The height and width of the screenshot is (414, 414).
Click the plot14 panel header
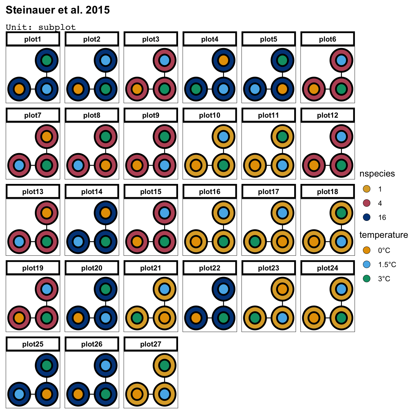click(x=92, y=192)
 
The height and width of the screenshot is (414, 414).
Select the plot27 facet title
click(x=151, y=344)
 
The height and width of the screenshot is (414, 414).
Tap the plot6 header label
click(x=327, y=39)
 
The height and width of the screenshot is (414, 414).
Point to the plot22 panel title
click(x=210, y=268)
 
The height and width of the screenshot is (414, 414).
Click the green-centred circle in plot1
click(x=47, y=60)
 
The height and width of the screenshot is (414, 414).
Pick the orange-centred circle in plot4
click(x=224, y=60)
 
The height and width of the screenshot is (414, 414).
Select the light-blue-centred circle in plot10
click(x=224, y=136)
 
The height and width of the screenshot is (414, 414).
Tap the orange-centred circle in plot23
click(x=282, y=289)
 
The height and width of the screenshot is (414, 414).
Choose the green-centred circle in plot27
click(x=164, y=365)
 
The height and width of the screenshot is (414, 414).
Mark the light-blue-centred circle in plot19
click(x=47, y=289)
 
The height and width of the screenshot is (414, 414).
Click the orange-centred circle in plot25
click(x=47, y=394)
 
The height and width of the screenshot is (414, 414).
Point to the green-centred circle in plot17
click(x=255, y=241)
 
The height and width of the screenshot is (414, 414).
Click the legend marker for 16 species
click(x=367, y=217)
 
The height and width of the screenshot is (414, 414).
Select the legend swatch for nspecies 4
click(x=367, y=203)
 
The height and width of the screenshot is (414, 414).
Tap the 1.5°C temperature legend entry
click(x=367, y=264)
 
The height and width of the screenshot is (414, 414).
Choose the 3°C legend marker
click(x=367, y=278)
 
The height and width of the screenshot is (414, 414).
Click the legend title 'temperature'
click(x=384, y=235)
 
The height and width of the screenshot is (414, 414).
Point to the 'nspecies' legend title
click(x=377, y=173)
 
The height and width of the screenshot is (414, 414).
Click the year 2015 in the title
click(x=98, y=10)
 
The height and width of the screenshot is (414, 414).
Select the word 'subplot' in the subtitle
click(x=57, y=27)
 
